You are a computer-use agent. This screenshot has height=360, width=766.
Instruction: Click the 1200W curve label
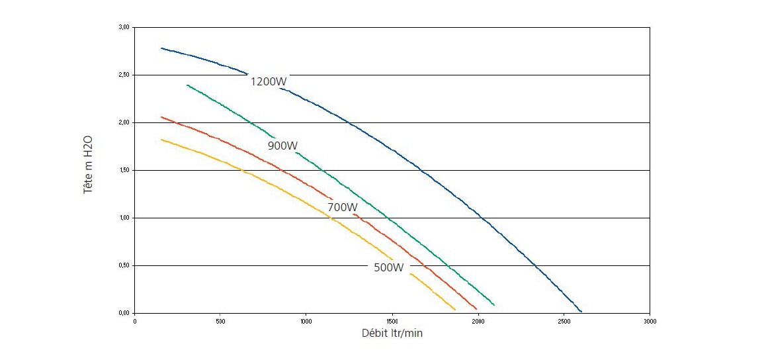coord(269,81)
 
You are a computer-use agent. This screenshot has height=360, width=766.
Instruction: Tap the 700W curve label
coord(343,207)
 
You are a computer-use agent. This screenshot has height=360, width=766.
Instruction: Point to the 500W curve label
coord(388,267)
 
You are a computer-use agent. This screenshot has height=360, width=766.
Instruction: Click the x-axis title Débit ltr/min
coord(392,333)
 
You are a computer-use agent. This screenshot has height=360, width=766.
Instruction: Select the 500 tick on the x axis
coord(220,322)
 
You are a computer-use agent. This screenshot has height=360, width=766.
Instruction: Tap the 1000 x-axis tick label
coord(306,322)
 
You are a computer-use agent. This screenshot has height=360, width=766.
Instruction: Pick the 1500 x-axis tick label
coord(392,322)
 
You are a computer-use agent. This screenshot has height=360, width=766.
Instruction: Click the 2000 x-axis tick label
coord(478,322)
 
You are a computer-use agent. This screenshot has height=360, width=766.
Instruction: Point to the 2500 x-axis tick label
coord(563,322)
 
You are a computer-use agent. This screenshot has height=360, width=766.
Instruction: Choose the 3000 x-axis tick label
coord(649,322)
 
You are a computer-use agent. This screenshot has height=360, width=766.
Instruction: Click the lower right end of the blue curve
coord(581,311)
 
